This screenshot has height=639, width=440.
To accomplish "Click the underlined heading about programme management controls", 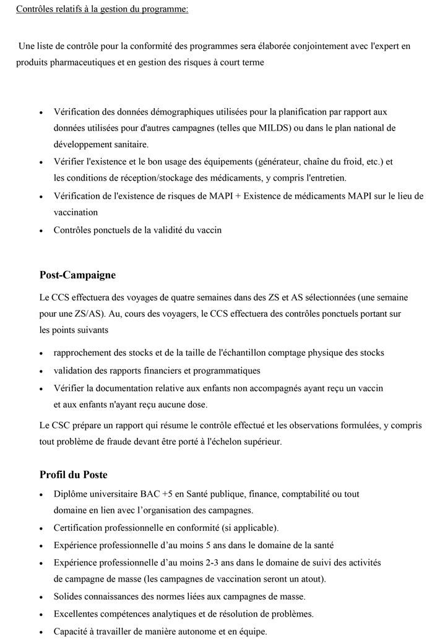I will (x=102, y=9).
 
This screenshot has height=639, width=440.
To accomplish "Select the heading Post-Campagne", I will (x=77, y=275).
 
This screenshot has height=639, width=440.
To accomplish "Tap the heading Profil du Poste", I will (x=73, y=474).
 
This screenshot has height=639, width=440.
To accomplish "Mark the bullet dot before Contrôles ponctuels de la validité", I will (x=41, y=231).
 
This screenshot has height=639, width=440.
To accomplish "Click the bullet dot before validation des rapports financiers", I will (x=41, y=371).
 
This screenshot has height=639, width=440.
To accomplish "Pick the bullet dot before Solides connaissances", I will (x=41, y=597).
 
